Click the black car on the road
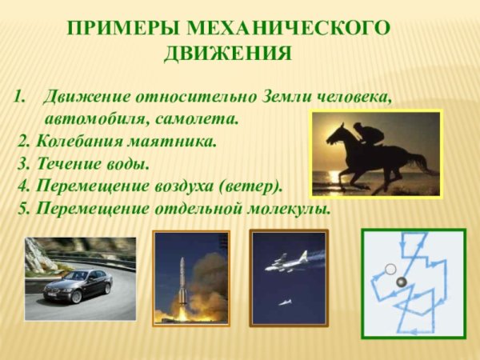click(x=78, y=286)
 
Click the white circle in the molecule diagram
click(x=390, y=270)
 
